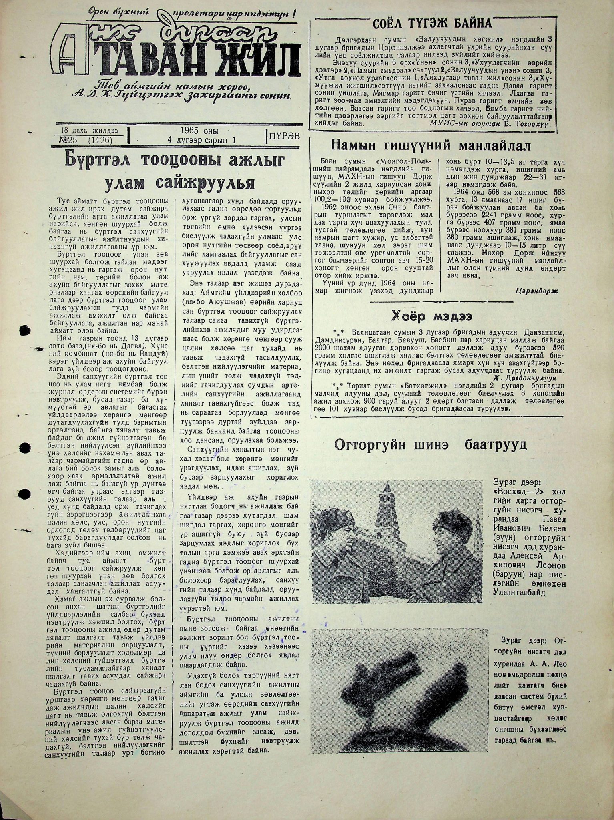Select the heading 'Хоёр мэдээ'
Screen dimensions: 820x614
click(431, 316)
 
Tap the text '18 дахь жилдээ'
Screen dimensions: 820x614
click(90, 131)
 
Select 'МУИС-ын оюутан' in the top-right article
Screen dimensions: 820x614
click(451, 123)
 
